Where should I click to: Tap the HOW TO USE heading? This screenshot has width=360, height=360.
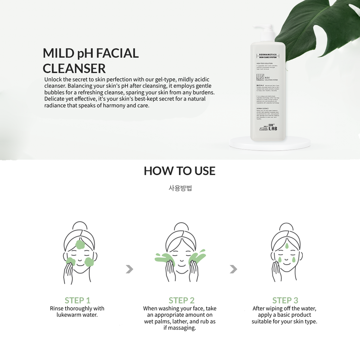coord(180,171)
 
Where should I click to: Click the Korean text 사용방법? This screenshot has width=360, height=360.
coord(180,188)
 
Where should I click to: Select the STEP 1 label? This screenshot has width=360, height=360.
coord(77,300)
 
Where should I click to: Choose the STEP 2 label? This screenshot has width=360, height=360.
coord(181,300)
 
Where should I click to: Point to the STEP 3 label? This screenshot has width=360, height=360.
coord(285,300)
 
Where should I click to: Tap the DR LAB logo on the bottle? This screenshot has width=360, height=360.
coord(273,127)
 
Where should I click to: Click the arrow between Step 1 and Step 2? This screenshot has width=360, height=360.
coord(129,269)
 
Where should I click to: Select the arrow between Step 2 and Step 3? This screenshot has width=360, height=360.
coord(233,269)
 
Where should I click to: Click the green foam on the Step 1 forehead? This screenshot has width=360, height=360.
coord(80,244)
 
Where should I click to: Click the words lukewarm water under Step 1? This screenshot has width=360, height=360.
coord(77,315)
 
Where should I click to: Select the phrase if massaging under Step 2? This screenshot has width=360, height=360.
coord(180,328)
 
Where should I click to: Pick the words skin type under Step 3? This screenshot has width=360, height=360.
coord(306,322)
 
